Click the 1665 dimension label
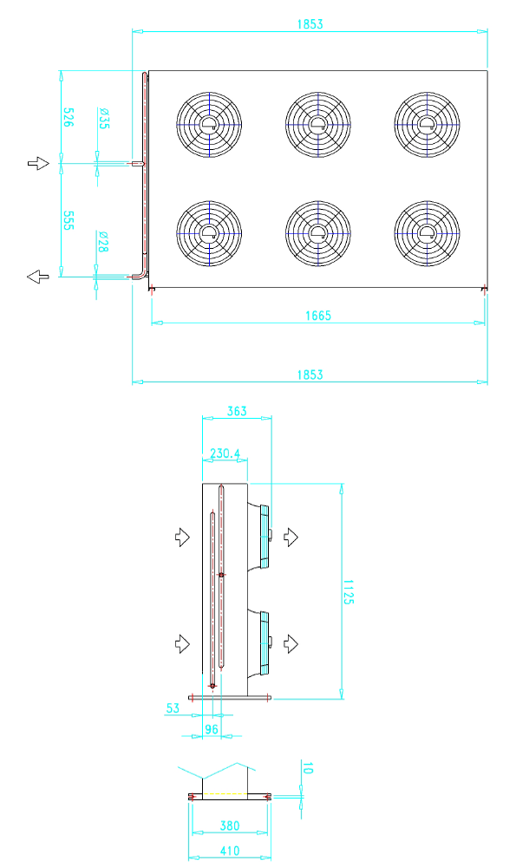click(318, 316)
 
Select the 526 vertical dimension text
click(68, 117)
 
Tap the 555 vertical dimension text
click(68, 220)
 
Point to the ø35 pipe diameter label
click(103, 118)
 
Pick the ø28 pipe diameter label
click(103, 242)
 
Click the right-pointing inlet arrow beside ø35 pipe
click(39, 163)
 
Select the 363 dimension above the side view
click(237, 411)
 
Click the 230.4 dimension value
click(225, 453)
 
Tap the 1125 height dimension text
click(348, 591)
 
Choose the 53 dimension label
click(173, 707)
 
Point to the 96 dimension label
click(212, 729)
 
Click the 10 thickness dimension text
click(308, 767)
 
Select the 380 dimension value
click(230, 825)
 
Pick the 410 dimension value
click(230, 851)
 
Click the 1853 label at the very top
click(310, 23)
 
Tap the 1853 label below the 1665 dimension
click(310, 375)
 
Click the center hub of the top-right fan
click(428, 124)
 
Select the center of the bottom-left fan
click(209, 233)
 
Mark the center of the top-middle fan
click(318, 124)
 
